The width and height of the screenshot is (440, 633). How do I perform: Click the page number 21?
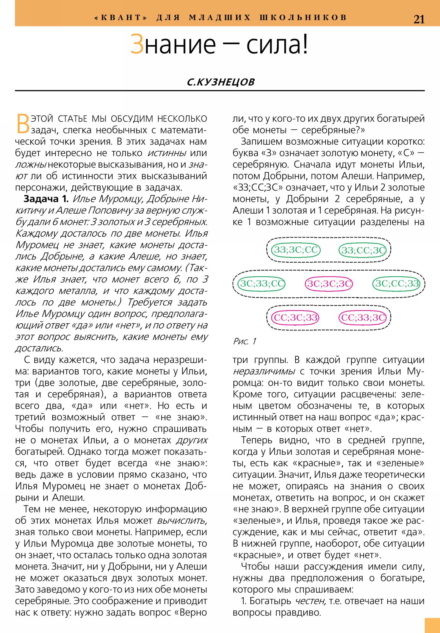point(419,20)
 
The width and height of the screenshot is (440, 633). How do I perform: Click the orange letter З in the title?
point(137,44)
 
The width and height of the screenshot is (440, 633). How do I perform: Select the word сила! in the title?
point(277,44)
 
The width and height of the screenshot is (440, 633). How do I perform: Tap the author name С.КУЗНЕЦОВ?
point(221,82)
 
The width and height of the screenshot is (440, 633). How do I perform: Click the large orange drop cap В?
point(23,124)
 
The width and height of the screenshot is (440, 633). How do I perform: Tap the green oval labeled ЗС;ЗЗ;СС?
point(262,284)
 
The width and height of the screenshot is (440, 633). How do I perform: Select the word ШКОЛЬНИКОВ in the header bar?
point(303,17)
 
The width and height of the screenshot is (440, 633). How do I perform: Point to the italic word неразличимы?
point(264,371)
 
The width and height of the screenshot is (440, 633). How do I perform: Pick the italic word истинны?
point(167,153)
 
